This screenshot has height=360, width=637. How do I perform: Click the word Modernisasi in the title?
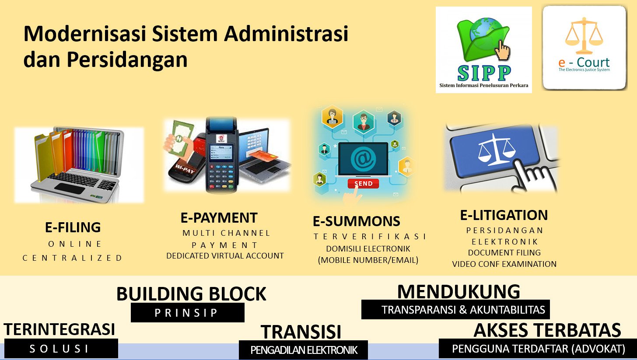(x=85, y=34)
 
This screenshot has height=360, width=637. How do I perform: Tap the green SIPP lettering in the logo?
(x=484, y=73)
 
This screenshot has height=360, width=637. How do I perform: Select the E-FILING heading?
(x=73, y=227)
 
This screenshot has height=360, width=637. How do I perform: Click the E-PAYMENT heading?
(x=219, y=218)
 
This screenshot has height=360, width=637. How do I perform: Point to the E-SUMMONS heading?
(x=356, y=221)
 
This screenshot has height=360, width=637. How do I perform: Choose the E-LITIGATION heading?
(x=504, y=215)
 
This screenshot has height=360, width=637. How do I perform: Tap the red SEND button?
(x=363, y=183)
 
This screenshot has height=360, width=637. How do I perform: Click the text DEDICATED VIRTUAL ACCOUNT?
(x=225, y=256)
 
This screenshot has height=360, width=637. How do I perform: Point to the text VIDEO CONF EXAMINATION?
(x=504, y=264)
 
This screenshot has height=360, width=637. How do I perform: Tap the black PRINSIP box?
(x=188, y=312)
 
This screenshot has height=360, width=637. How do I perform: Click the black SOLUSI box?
(x=61, y=348)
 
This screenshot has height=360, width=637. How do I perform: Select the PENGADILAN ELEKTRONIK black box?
(x=304, y=350)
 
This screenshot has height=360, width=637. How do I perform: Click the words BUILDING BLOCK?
(x=191, y=294)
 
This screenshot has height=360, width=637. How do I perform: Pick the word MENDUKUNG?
(x=458, y=292)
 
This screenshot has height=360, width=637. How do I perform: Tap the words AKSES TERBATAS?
(x=547, y=330)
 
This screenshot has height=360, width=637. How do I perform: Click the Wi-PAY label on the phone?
(x=185, y=169)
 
